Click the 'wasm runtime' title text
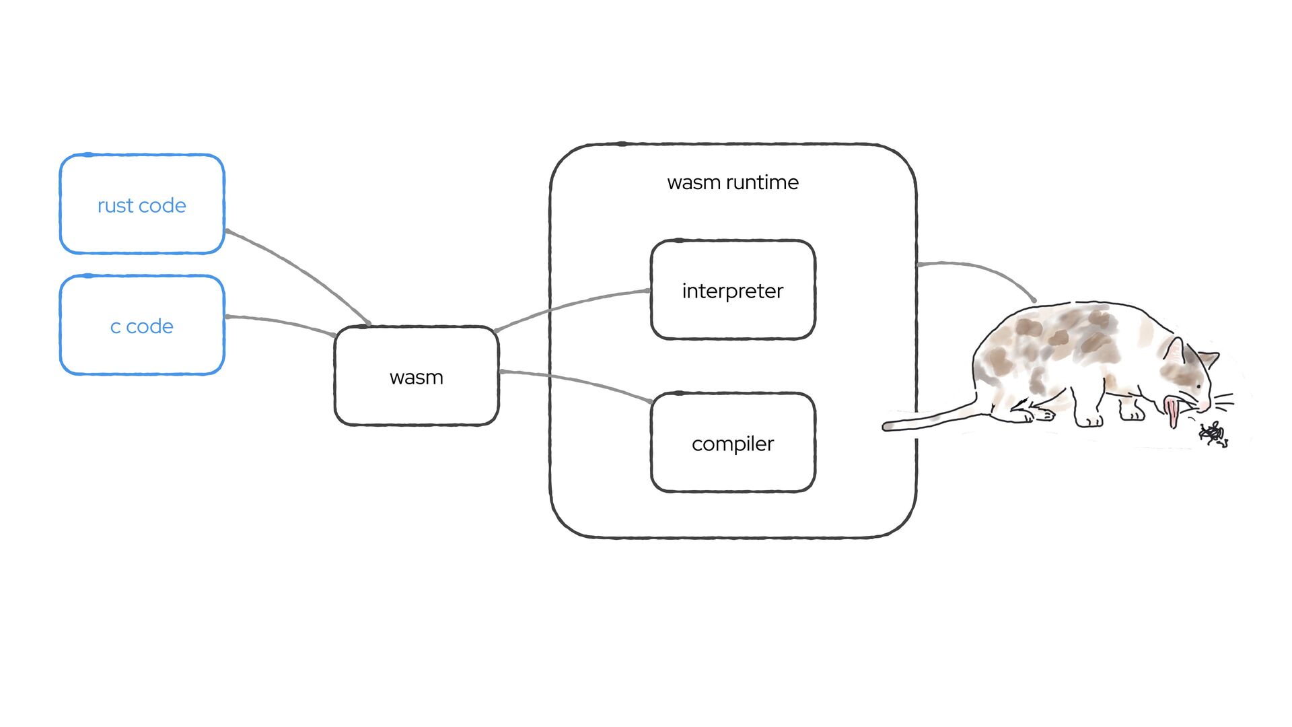pyautogui.click(x=733, y=182)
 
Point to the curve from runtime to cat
pyautogui.click(x=982, y=269)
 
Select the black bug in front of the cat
pyautogui.click(x=1213, y=434)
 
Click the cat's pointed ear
pyautogui.click(x=1174, y=350)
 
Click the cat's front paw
pyautogui.click(x=1089, y=421)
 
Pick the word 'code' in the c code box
pyautogui.click(x=149, y=326)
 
